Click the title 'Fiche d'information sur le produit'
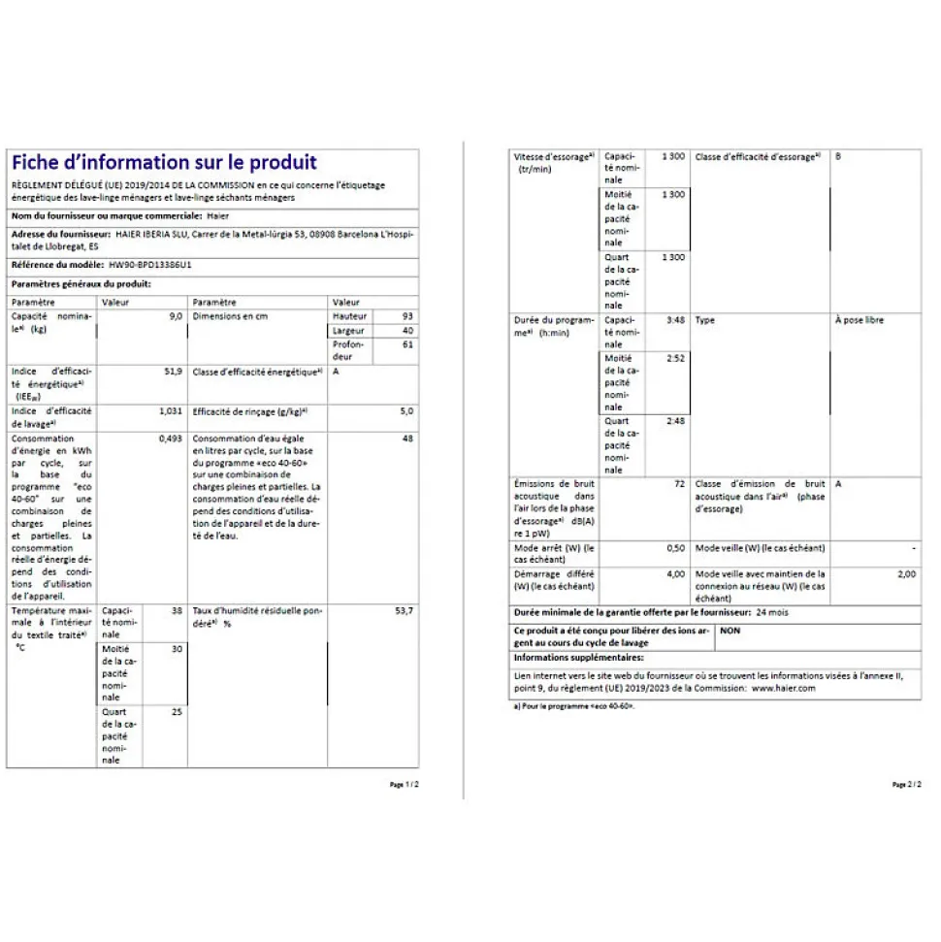[163, 163]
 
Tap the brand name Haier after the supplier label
[221, 215]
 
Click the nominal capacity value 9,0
[176, 316]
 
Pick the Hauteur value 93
[406, 316]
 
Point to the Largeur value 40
[406, 331]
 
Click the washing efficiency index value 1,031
[171, 411]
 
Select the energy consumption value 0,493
[171, 439]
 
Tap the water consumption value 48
[408, 439]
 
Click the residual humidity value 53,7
[404, 611]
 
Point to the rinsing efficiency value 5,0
[406, 411]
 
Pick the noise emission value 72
[679, 483]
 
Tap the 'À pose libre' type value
[859, 320]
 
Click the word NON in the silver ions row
[730, 631]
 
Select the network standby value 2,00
[905, 574]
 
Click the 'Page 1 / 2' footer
[404, 784]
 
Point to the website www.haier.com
[783, 688]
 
